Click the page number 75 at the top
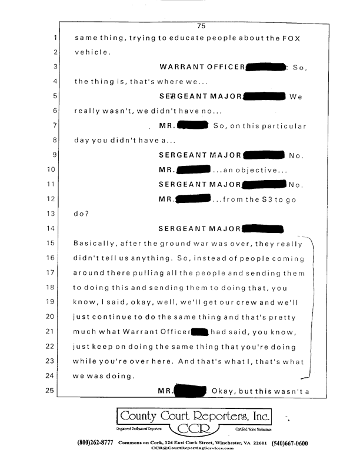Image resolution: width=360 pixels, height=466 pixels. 201,25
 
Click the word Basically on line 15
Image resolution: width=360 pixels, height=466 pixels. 95,242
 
